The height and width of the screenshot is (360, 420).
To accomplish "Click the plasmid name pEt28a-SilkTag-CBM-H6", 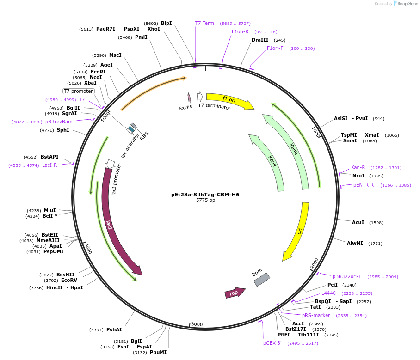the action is point(205,195).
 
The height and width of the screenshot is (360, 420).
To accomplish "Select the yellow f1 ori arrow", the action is point(229,101).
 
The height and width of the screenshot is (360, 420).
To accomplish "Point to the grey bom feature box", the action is point(262,279).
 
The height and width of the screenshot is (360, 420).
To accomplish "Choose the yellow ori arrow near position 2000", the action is point(298,231).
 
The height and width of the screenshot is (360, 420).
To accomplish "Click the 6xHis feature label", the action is point(185,108).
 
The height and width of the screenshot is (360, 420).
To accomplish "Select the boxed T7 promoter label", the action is point(78,91).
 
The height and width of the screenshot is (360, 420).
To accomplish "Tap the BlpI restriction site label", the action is point(166,23).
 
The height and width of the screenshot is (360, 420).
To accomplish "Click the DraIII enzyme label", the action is point(260,40).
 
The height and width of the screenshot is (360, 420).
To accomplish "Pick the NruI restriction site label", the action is point(358,176).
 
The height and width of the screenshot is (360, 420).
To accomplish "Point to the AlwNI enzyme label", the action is point(355,243).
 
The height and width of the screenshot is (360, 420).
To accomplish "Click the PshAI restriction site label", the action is point(114,329).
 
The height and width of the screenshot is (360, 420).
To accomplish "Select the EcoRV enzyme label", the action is point(69,280).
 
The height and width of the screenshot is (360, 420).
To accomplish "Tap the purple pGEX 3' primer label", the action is point(272,343).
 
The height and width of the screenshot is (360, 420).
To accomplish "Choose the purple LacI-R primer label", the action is point(49,165).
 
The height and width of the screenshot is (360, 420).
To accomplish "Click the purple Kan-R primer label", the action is point(358,167).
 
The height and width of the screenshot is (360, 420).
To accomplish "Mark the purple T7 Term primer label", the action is point(204,23).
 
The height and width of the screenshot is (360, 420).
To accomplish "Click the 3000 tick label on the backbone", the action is point(197,324).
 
